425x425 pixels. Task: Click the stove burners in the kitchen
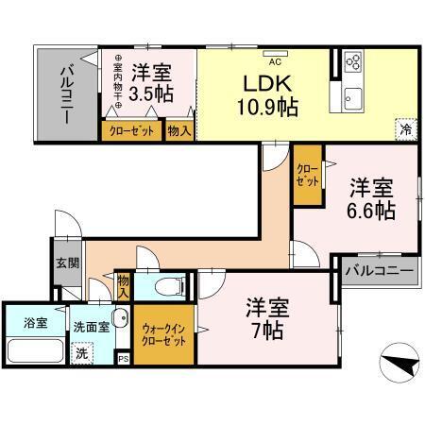point(352,61)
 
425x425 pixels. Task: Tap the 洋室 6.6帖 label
point(371,198)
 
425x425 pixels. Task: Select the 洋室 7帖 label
point(266,318)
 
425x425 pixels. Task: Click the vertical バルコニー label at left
point(69,92)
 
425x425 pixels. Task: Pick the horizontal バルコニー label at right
point(378,270)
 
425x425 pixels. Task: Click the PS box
point(123,358)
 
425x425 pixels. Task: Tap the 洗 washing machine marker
point(83,352)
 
